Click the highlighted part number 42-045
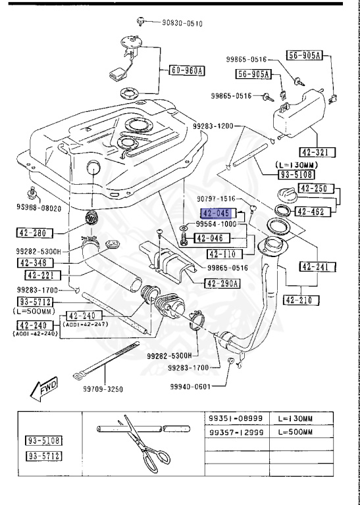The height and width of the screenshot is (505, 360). click(x=215, y=214)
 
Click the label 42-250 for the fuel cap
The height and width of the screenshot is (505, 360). click(x=313, y=188)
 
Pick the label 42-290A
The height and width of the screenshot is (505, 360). click(x=222, y=284)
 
